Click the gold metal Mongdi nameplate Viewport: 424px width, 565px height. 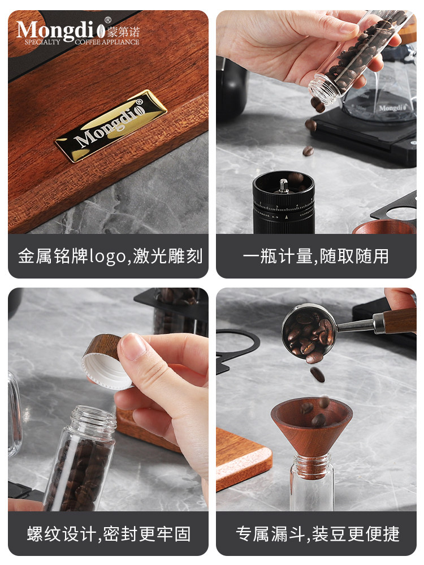coord(111,126)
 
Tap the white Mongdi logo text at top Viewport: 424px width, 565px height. coord(57,30)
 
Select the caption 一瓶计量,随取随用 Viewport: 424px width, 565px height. coord(315,256)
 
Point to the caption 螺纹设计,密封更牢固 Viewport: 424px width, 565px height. coord(109,533)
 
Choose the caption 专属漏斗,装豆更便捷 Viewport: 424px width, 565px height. coord(317,533)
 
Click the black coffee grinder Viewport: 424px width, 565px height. coord(283,204)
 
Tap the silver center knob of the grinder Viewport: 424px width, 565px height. coord(283,185)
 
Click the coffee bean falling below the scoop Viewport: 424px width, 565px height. coord(318,374)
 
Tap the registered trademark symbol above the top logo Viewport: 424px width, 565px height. coord(107,19)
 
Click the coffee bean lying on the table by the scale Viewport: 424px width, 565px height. coord(308,151)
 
